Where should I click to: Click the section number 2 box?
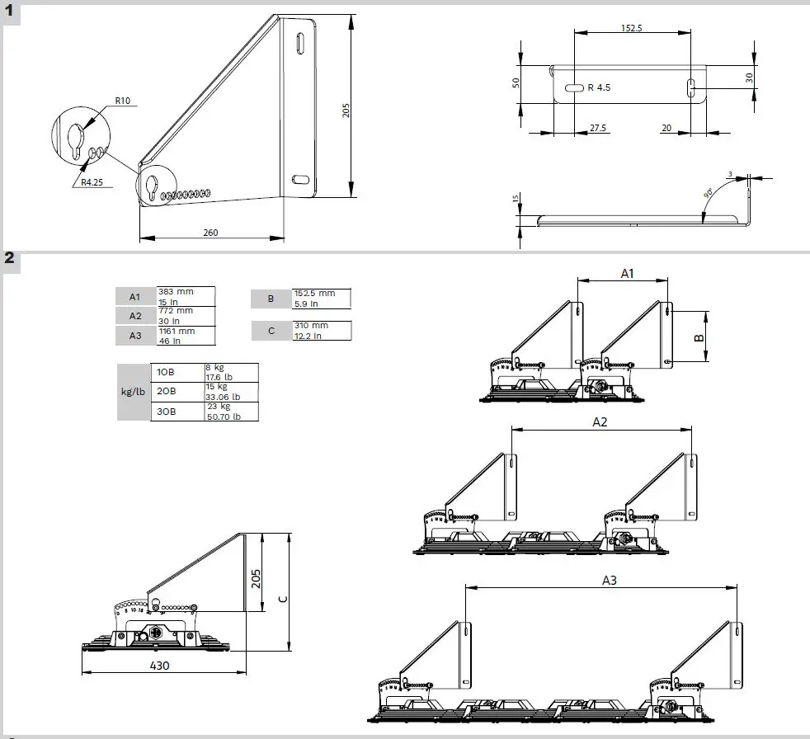tap(10, 258)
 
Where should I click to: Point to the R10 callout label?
tap(122, 101)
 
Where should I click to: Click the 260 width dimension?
tap(210, 233)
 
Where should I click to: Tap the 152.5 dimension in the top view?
tap(631, 27)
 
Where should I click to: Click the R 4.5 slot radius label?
tap(599, 87)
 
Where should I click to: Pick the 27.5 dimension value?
tap(598, 128)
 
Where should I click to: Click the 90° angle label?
tap(708, 195)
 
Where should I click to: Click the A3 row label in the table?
tap(135, 336)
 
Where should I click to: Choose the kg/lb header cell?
tap(133, 392)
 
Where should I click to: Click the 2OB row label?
tap(165, 391)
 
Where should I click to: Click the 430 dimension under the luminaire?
tap(160, 665)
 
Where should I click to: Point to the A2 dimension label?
tap(600, 421)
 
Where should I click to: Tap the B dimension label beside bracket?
tap(697, 337)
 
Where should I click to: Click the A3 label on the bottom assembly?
tap(609, 580)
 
